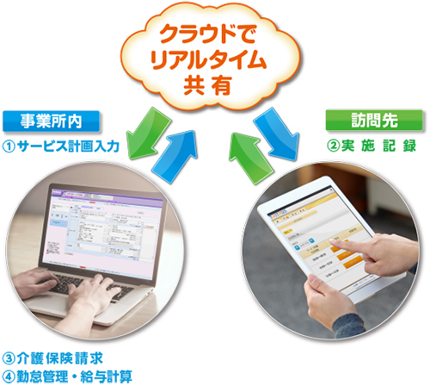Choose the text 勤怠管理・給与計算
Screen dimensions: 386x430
[x=76, y=376]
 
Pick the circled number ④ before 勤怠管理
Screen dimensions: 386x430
[x=9, y=376]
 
